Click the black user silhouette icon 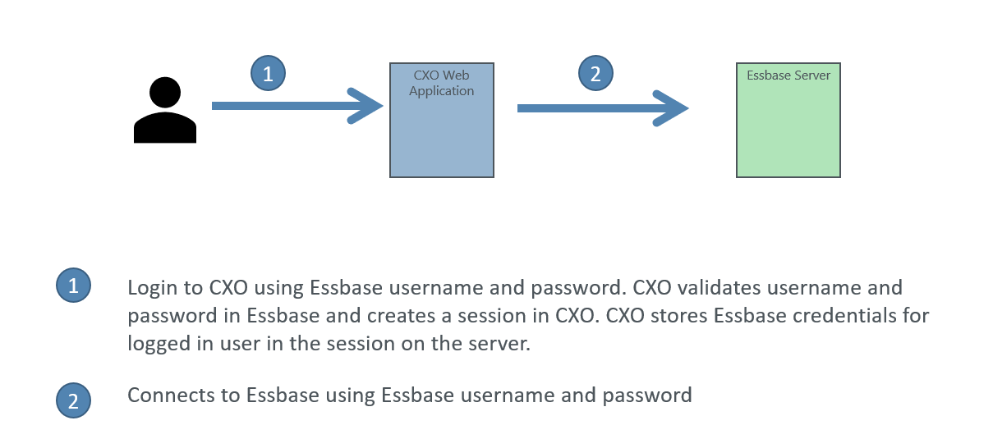tap(165, 110)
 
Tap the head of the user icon tap(165, 92)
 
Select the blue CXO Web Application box tap(442, 120)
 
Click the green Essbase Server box tap(788, 120)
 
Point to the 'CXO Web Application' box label tap(442, 83)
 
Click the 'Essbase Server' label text tap(788, 75)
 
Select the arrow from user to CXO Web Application tap(297, 106)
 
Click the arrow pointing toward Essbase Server tap(603, 108)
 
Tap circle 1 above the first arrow tap(269, 73)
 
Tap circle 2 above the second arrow tap(595, 73)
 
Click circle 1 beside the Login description tap(74, 285)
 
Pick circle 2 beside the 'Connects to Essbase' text tap(74, 400)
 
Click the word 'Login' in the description tap(152, 289)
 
